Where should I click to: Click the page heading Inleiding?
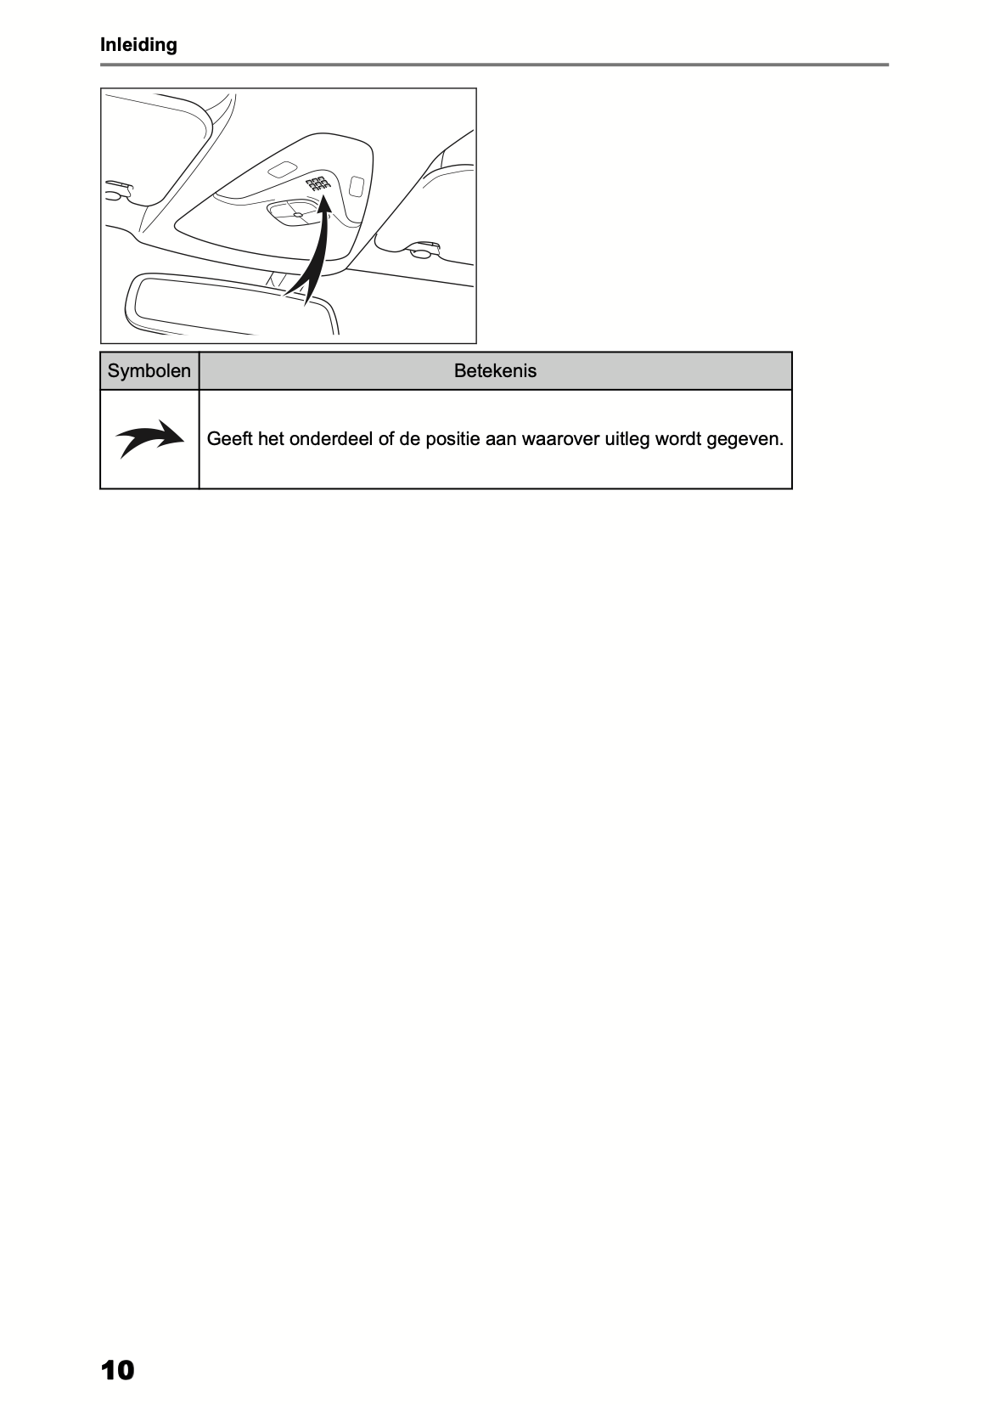138,45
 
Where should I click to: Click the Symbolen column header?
149,371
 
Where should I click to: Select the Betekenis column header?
495,371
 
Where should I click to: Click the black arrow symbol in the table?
149,439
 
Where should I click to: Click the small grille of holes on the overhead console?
317,183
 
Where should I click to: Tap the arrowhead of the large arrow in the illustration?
324,204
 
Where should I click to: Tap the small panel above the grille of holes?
283,169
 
